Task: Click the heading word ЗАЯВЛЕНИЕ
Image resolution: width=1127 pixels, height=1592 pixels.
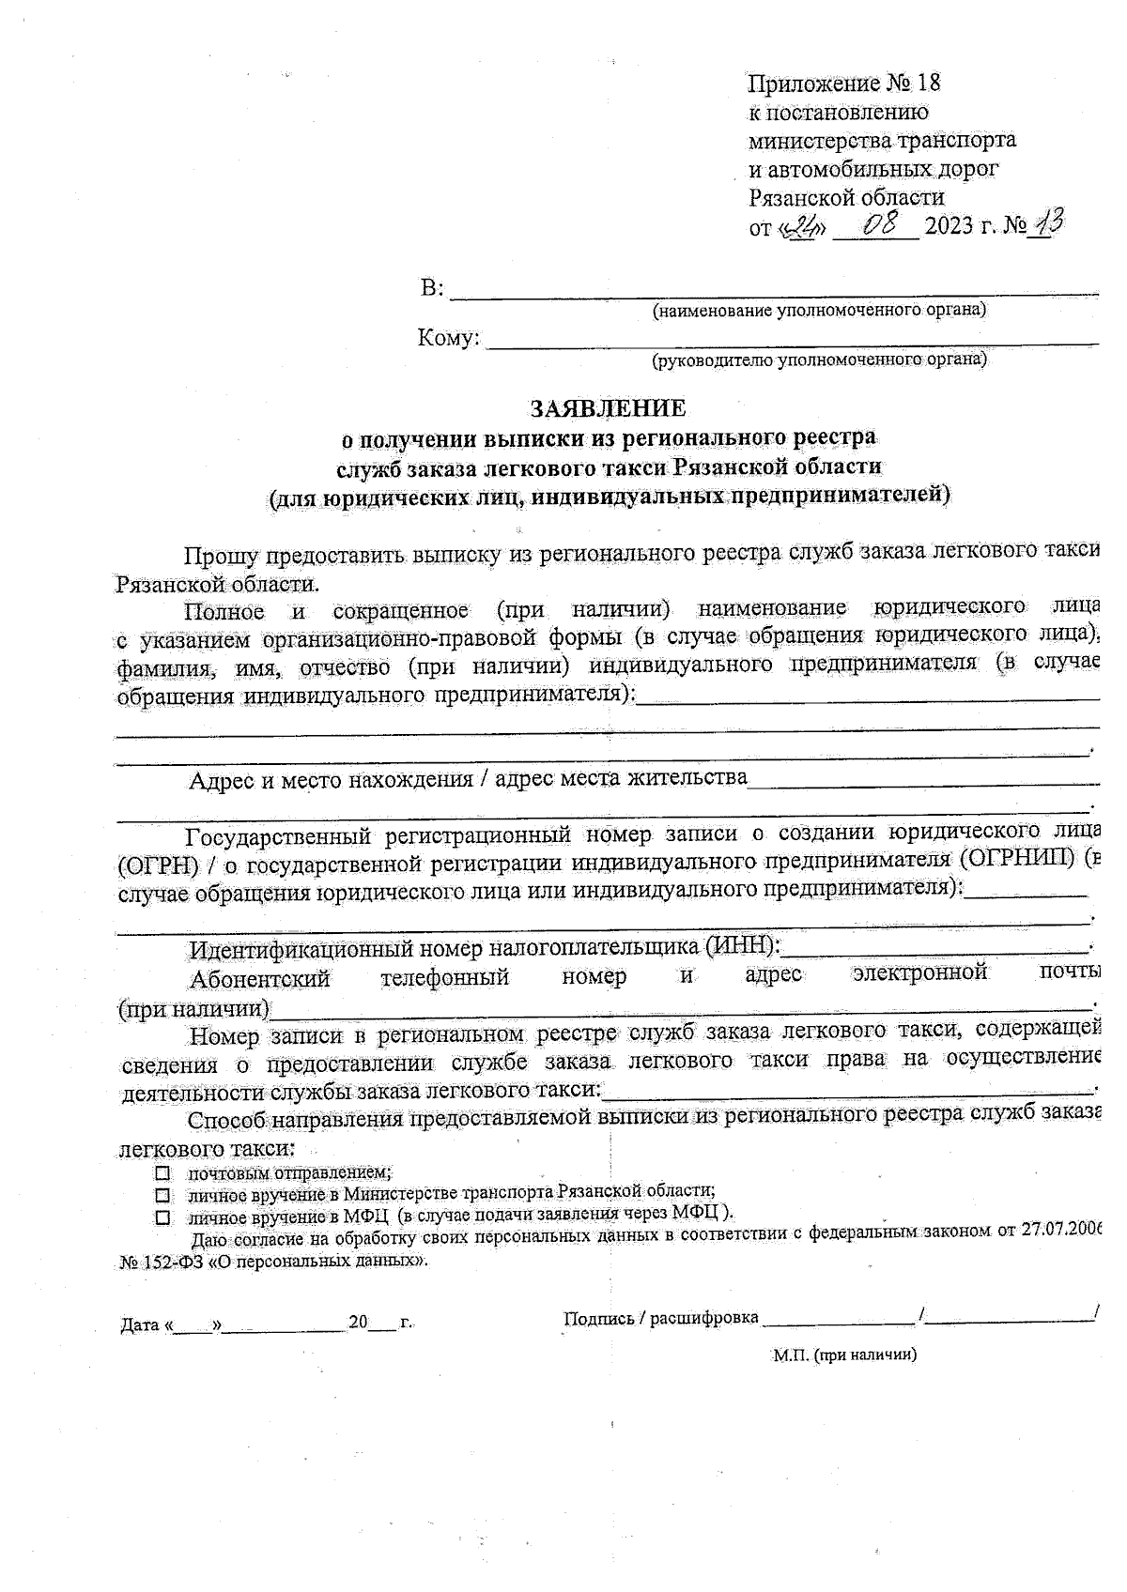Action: pos(608,408)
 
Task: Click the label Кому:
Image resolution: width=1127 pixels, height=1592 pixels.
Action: pos(448,338)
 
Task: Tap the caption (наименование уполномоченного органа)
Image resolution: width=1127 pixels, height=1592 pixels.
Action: pos(819,311)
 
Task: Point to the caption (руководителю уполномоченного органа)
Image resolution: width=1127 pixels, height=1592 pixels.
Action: pos(819,360)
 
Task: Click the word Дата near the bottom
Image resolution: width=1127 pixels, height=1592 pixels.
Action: pos(140,1325)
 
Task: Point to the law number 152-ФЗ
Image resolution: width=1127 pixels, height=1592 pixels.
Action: pos(172,1263)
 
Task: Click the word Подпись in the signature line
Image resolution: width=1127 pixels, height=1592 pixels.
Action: pos(596,1318)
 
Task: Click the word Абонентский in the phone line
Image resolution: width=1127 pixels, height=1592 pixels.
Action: pos(260,979)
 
